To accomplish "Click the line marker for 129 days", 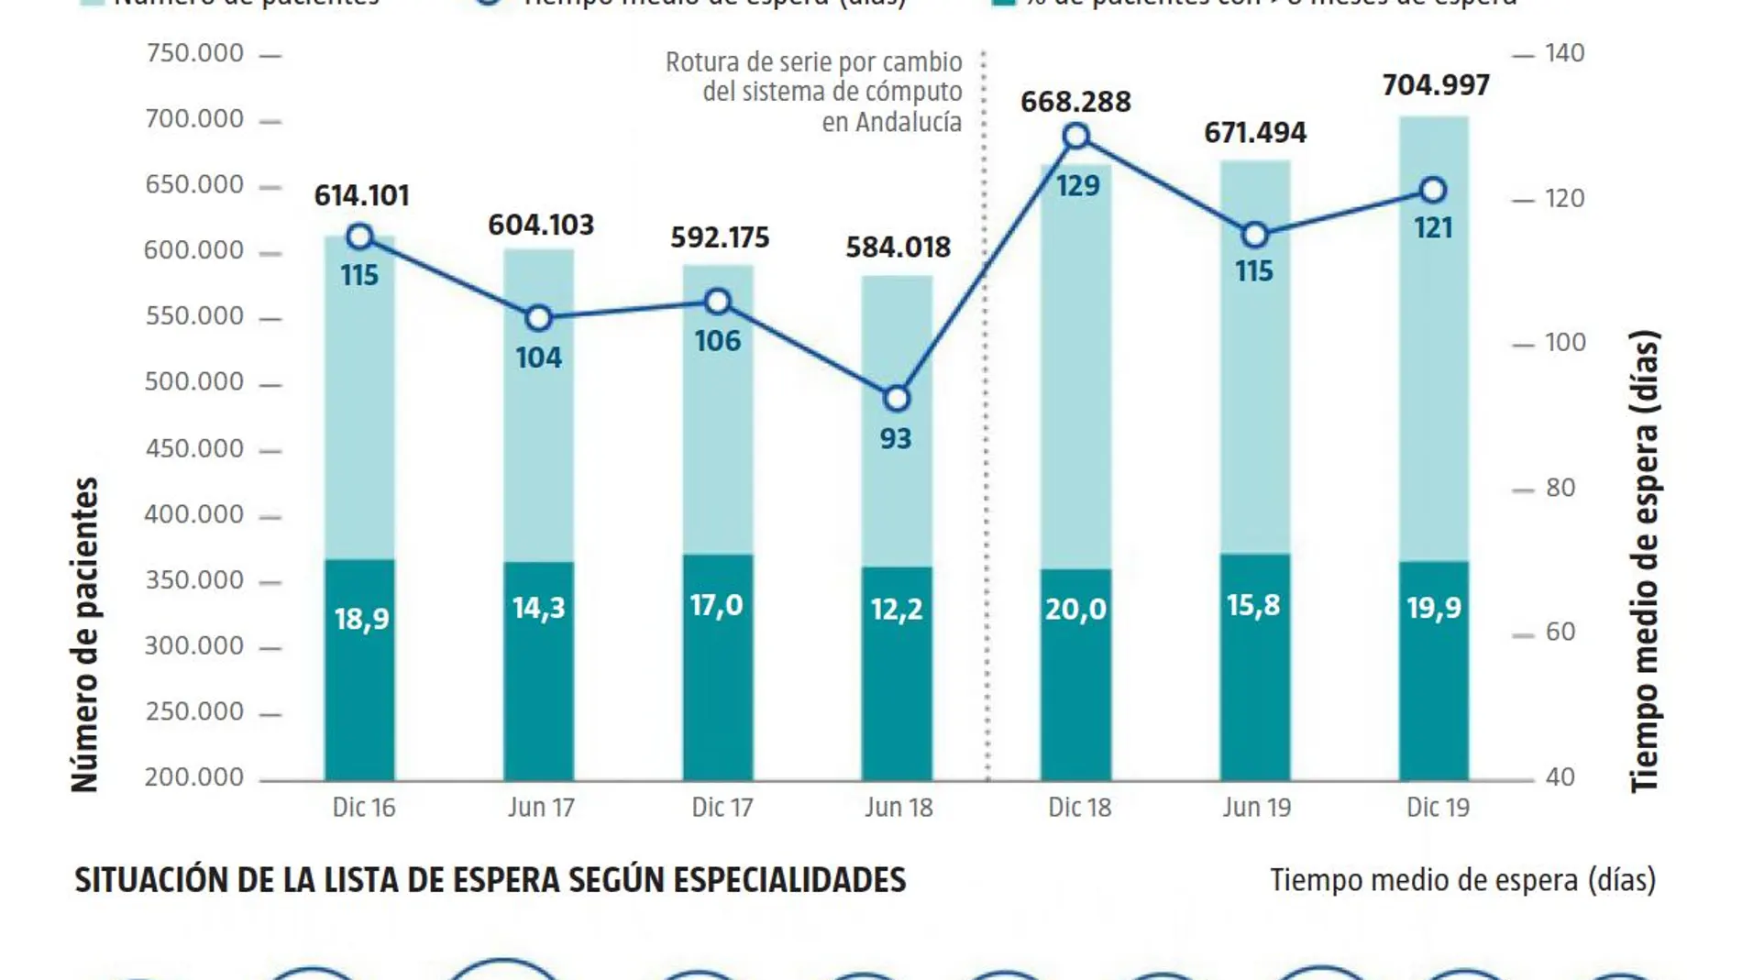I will [x=1076, y=137].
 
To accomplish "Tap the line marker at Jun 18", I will [x=897, y=399].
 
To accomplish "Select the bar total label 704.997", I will [x=1436, y=85].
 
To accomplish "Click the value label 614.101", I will [x=361, y=195].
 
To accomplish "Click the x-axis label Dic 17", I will [x=722, y=808].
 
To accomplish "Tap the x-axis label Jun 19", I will [x=1256, y=808].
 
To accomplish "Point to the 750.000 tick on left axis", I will [x=194, y=53].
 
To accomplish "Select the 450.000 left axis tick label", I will [x=194, y=448].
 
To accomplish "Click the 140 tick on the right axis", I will [x=1564, y=53].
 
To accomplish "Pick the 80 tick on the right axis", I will [x=1560, y=488].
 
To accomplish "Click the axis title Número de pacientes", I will [x=85, y=634].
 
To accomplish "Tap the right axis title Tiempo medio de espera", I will [x=1645, y=561].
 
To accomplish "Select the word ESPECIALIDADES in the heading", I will [x=789, y=880].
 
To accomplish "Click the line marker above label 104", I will [x=539, y=318].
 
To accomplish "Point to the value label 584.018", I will [x=898, y=248].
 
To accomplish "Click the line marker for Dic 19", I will [x=1433, y=191].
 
